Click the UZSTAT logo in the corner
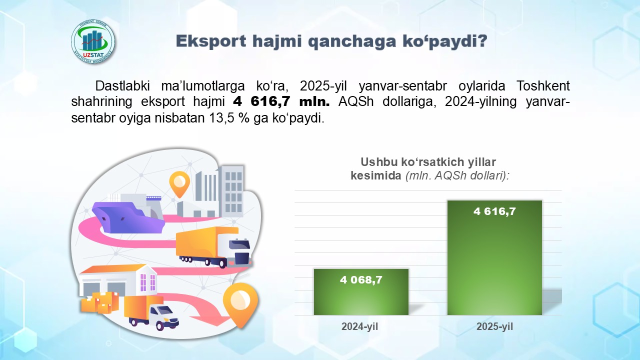93,41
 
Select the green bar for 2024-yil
361,295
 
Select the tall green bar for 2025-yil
494,260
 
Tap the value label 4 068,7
361,280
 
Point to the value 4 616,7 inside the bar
494,211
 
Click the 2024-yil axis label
359,327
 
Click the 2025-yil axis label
494,327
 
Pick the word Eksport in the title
210,41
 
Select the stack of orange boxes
100,301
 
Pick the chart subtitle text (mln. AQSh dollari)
457,176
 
